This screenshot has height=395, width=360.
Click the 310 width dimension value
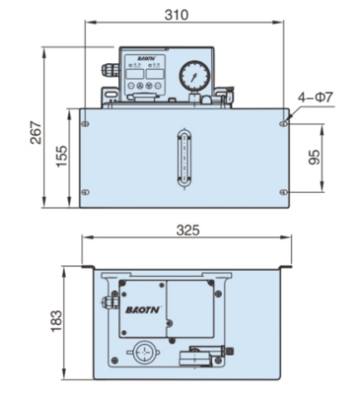(182, 14)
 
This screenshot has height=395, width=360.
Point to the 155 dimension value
(58, 159)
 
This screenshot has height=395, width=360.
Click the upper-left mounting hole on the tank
(84, 124)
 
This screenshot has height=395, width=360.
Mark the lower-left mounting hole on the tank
(84, 193)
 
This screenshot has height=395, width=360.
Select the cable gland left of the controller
(108, 70)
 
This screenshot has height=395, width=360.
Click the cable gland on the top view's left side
(106, 301)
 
